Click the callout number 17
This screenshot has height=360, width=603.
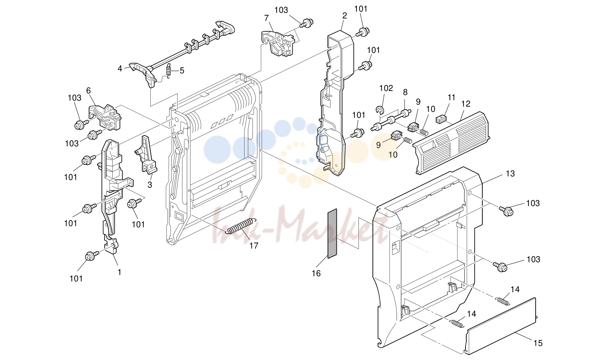coord(253,246)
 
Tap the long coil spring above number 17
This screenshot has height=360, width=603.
coord(241,226)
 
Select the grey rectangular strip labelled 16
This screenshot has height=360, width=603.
coord(332,233)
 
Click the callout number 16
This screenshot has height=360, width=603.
coord(316,273)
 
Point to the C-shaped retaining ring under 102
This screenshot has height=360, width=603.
coord(380,109)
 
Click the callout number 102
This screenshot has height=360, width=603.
coord(386,88)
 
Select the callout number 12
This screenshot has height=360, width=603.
coord(466,104)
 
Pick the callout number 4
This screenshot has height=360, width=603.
coord(120,69)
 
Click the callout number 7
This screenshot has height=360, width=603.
coord(266,18)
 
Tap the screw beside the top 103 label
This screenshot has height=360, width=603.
coord(306,22)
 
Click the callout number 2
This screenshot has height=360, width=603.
coord(344,16)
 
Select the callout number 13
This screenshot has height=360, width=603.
coord(510,174)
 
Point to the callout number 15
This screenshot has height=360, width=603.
coord(538,343)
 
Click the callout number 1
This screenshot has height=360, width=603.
coord(119,272)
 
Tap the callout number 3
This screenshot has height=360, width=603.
coord(150,185)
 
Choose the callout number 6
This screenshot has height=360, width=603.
coord(89,91)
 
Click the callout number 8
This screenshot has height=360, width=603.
coord(405,92)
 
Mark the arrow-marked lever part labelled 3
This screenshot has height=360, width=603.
coord(147,154)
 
